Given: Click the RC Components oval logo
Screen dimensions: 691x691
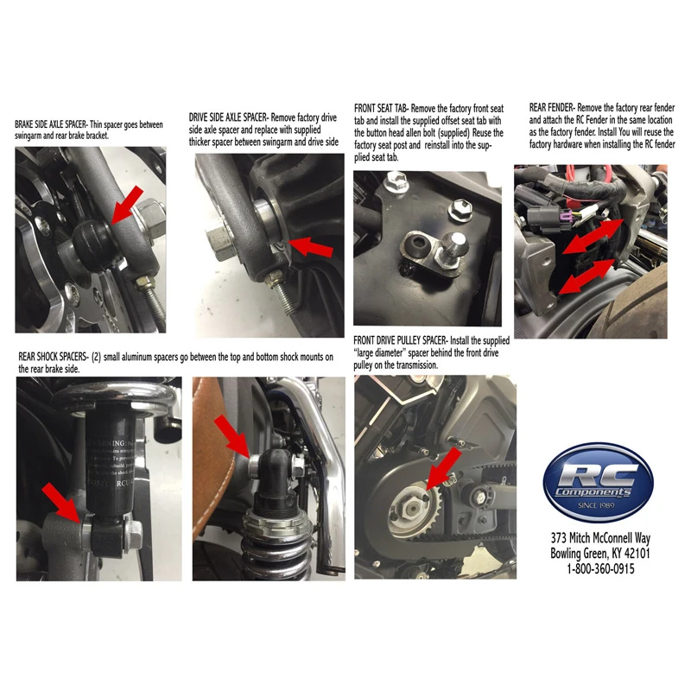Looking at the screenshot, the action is [598, 483].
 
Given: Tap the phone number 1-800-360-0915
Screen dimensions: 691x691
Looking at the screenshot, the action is [600, 569].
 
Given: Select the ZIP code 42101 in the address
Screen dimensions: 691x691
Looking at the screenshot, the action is [637, 553].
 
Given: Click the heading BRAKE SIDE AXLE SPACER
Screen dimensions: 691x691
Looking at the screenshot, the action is [51, 124].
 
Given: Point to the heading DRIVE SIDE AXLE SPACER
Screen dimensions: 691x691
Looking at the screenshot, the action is [228, 117].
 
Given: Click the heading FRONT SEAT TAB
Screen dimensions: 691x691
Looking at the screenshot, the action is [382, 109].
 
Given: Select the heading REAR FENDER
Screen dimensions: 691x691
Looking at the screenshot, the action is [551, 107].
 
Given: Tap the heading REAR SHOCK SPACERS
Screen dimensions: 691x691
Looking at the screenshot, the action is [54, 357].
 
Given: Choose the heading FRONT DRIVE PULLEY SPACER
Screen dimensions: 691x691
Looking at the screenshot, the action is [401, 340].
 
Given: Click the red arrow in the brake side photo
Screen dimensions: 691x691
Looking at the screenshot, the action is [127, 205].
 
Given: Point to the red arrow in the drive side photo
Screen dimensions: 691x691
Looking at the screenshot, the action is [310, 246].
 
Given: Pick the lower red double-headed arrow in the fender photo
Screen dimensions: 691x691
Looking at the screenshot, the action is [587, 276].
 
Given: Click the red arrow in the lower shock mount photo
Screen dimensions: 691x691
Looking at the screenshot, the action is [61, 503].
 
